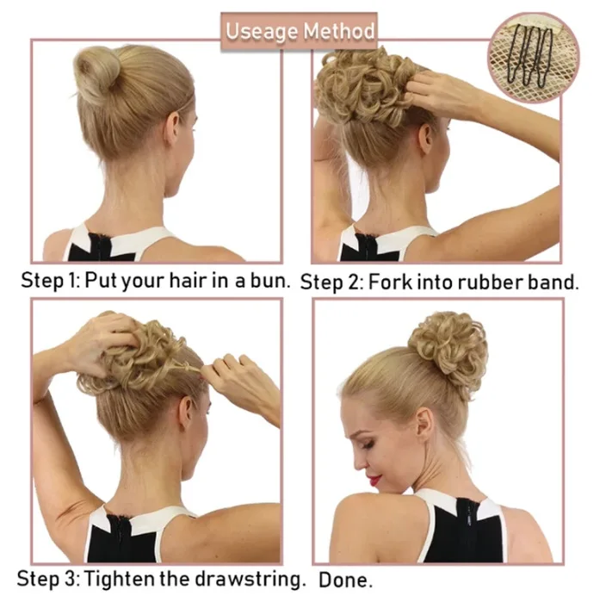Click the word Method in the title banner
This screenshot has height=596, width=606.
coord(339,31)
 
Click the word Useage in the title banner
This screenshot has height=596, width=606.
coord(263,32)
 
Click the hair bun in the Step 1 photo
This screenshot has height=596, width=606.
coord(96,74)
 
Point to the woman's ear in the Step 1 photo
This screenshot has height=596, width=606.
coord(172,125)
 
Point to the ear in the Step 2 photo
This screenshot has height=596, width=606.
coord(426,138)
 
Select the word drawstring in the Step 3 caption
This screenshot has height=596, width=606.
coord(247,580)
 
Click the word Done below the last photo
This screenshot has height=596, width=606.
coord(345,580)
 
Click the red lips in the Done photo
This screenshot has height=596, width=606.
coord(375,481)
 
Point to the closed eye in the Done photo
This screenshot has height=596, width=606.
coord(368,444)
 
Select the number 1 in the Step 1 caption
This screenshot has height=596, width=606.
coord(72,280)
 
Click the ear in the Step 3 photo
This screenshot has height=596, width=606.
coord(186,413)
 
